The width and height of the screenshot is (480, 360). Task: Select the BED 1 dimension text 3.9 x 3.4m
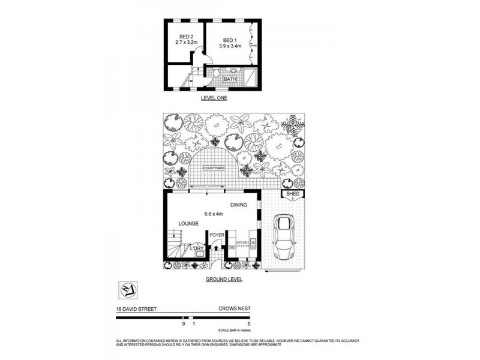230,46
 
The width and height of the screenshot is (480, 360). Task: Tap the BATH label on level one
230,79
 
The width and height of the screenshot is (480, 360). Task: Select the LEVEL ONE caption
214,97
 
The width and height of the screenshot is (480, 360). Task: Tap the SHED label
293,194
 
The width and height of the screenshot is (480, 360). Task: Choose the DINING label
239,205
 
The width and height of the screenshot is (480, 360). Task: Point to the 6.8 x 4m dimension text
212,214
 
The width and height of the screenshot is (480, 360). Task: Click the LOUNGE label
188,224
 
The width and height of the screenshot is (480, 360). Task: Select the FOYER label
216,235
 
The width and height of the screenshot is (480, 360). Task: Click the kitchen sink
253,244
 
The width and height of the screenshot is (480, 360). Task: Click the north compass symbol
127,290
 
